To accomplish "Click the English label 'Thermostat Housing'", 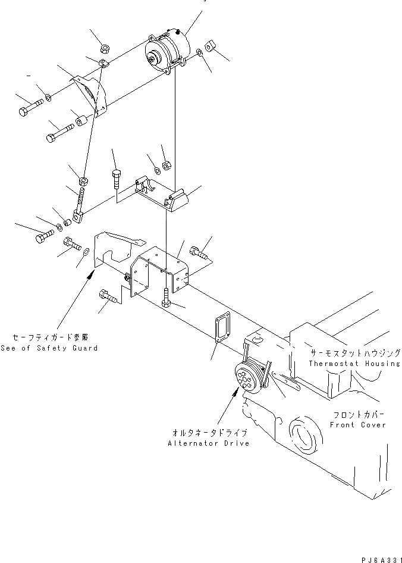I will point(354,363).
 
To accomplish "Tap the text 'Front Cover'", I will point(358,425).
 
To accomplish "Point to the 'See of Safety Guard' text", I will point(49,348).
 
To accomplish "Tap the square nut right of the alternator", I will point(211,45).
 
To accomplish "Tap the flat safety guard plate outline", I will point(116,251).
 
